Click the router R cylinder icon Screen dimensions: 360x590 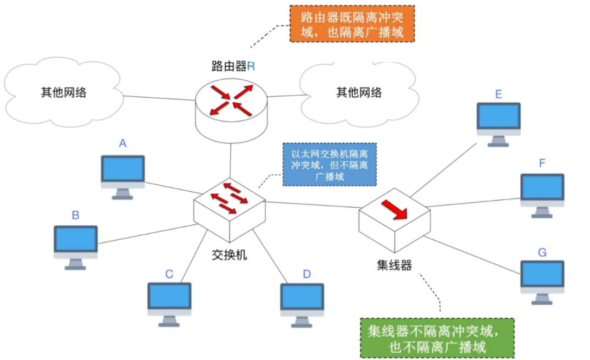[x=231, y=107]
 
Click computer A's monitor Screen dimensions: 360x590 [x=123, y=170]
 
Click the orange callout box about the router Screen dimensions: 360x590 [x=352, y=24]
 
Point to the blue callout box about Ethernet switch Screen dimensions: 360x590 [x=330, y=164]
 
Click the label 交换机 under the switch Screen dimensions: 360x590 [x=229, y=256]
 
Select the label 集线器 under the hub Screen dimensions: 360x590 [x=394, y=265]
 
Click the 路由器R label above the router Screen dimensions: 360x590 [x=233, y=67]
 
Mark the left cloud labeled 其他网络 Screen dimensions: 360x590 [x=63, y=92]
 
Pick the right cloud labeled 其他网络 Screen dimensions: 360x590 [x=358, y=92]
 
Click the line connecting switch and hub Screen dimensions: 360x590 [x=313, y=205]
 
